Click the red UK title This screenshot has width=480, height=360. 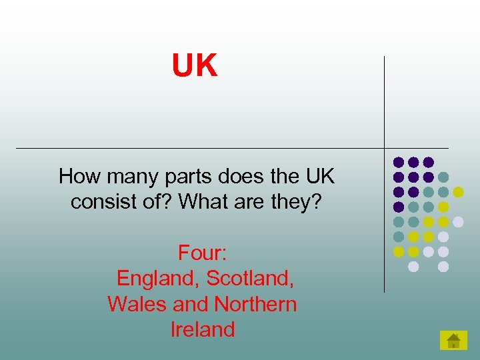click(x=195, y=67)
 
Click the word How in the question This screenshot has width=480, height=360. click(x=74, y=177)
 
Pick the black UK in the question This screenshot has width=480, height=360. click(x=319, y=177)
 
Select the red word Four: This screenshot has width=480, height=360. click(x=203, y=253)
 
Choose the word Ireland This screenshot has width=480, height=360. click(x=203, y=329)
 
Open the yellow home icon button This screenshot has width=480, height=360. click(x=453, y=341)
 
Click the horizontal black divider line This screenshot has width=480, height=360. click(x=200, y=147)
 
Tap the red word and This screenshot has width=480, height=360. click(x=191, y=304)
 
